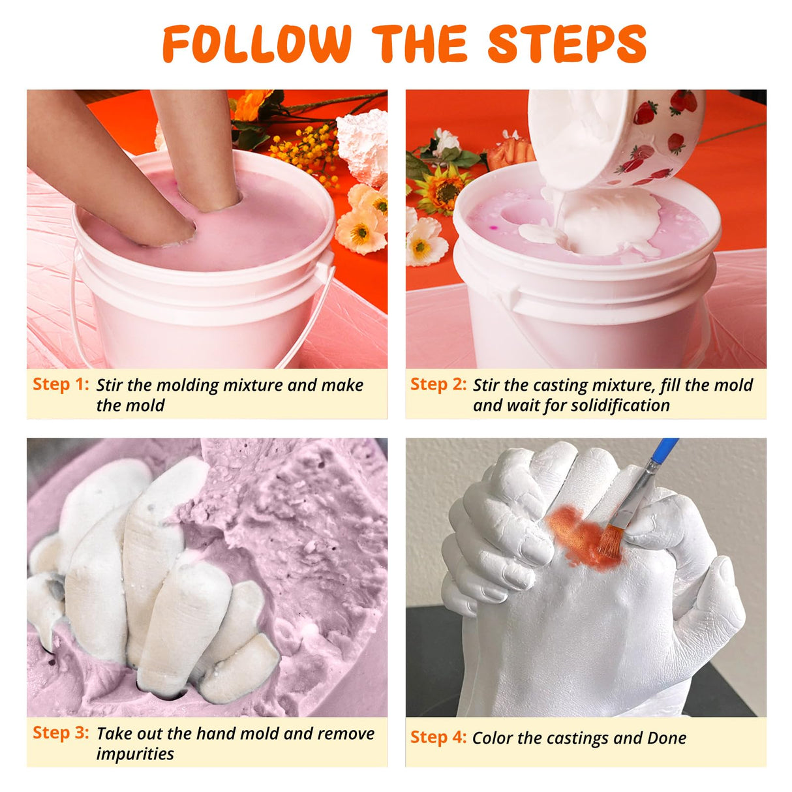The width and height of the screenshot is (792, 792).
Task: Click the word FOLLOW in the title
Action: pos(257,44)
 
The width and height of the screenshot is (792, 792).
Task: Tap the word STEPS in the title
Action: pos(567,44)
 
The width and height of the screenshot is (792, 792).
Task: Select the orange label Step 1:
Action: pos(61,384)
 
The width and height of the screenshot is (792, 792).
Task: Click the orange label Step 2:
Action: pos(438,384)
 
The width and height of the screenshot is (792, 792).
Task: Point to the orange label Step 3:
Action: pos(61,733)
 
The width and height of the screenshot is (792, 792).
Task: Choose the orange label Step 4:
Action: pos(438,737)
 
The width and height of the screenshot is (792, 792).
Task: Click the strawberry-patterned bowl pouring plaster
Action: pos(617,136)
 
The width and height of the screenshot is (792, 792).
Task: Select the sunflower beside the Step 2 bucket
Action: pos(443,190)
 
